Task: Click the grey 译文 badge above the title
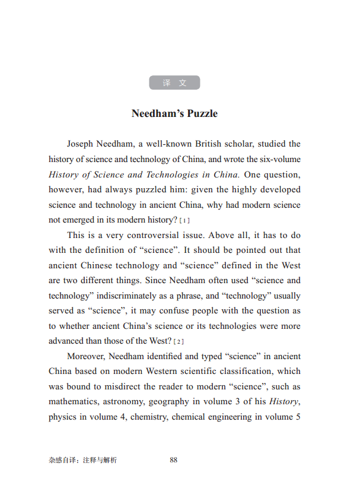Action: click(x=174, y=83)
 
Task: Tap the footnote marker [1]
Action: click(x=184, y=220)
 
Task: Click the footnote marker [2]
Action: click(x=179, y=341)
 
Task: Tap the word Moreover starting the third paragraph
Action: click(x=87, y=356)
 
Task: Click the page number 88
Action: click(x=174, y=459)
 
